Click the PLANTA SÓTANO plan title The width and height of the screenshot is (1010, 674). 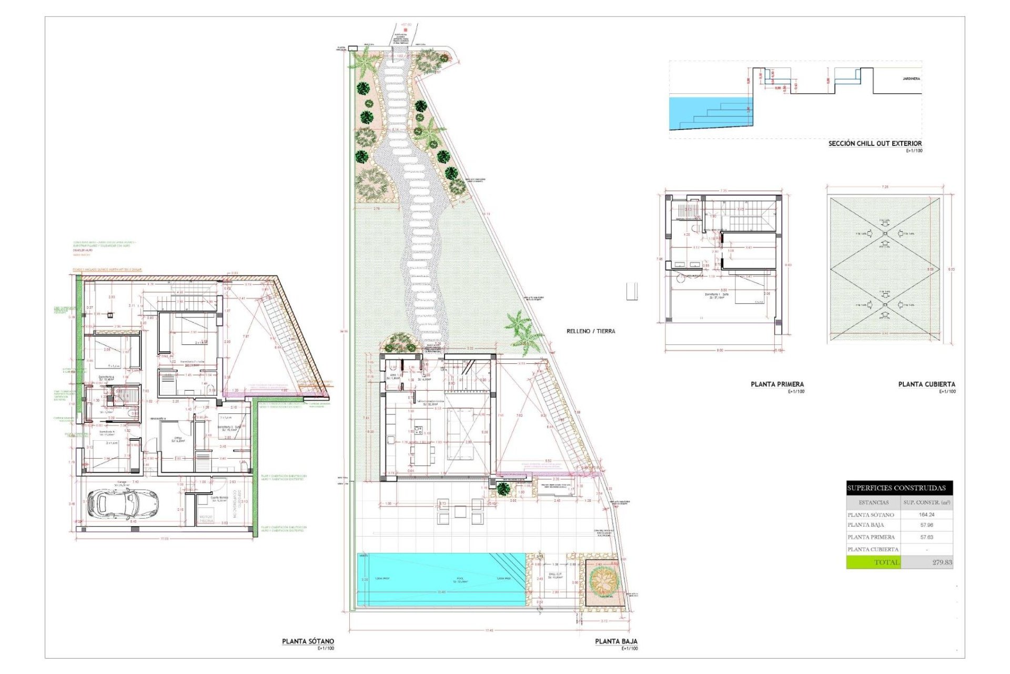[x=308, y=641]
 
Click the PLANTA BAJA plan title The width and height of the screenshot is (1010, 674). [x=616, y=641]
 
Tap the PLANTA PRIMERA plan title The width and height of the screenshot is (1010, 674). [x=777, y=384]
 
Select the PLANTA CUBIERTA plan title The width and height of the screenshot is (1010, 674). [x=926, y=384]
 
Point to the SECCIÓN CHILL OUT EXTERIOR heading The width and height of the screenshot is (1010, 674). [x=875, y=143]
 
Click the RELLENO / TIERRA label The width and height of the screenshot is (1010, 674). [x=591, y=331]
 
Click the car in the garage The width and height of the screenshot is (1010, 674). [x=123, y=503]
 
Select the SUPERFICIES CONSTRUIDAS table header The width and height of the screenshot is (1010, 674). [x=899, y=488]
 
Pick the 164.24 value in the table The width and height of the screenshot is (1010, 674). [x=926, y=515]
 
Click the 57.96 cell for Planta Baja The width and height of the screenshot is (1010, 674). [x=926, y=525]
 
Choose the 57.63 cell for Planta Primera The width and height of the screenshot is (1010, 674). [x=926, y=537]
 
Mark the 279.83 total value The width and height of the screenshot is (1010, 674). [x=942, y=562]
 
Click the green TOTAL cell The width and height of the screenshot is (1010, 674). [x=873, y=562]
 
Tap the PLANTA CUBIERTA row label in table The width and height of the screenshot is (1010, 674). [x=873, y=549]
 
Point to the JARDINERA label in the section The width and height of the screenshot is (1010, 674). [x=911, y=78]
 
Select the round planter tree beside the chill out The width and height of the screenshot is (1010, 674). [x=603, y=581]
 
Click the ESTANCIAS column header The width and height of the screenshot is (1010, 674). [x=873, y=502]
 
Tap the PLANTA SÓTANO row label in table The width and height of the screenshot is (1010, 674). [x=871, y=515]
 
